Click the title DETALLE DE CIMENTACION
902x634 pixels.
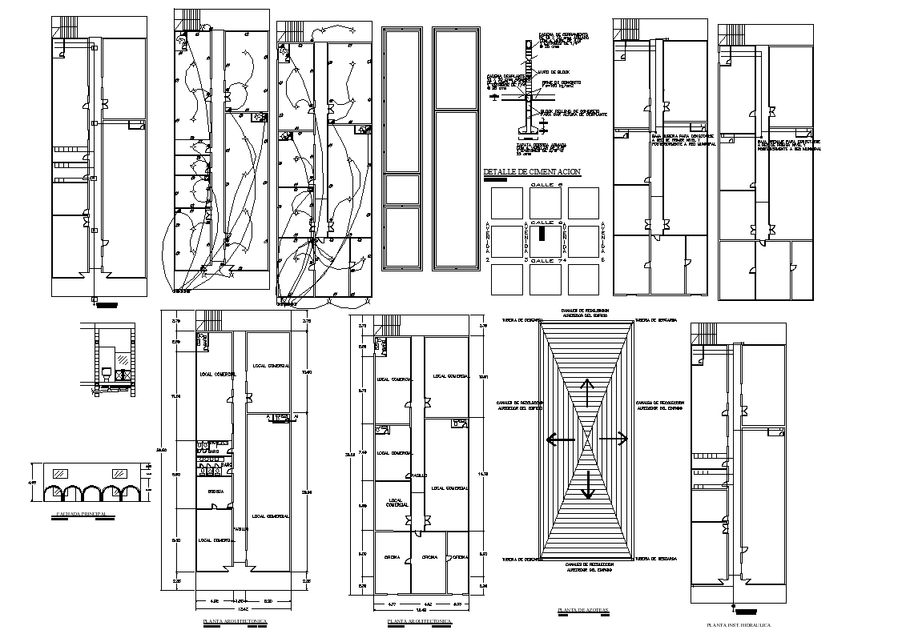tap(532, 172)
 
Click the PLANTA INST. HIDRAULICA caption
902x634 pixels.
tap(739, 624)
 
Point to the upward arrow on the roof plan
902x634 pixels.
tap(587, 392)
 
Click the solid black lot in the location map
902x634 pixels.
tap(542, 234)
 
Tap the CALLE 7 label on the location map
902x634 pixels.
tap(545, 261)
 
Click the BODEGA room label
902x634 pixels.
tap(215, 490)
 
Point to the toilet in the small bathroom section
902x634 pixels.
tap(107, 372)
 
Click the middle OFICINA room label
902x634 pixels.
tap(429, 557)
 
